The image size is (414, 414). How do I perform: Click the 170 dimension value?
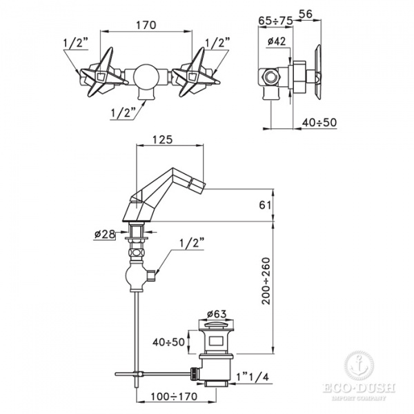pos(146,25)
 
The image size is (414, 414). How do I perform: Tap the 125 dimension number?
pos(162,139)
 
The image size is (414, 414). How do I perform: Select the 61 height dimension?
pos(265,205)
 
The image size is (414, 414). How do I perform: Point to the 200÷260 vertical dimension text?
pos(266,281)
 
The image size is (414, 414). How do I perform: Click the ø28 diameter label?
pos(105,234)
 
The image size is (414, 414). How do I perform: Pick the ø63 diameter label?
pos(217,314)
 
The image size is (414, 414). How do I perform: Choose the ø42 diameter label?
pos(277,41)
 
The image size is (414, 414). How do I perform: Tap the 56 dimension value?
pos(306,14)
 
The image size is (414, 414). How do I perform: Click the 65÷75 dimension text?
pos(275,20)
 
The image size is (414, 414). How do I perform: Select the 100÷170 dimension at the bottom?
pos(174,396)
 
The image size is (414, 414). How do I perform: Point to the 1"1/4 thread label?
pos(253,377)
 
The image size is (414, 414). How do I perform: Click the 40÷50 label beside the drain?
pos(168,342)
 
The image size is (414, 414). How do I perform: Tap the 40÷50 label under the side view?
pos(319,122)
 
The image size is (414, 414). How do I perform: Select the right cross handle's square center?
pos(193,77)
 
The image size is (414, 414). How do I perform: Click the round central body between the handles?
pos(146,76)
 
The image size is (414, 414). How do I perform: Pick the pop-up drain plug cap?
pos(216,324)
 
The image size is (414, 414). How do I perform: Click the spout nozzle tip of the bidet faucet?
pos(199,184)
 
